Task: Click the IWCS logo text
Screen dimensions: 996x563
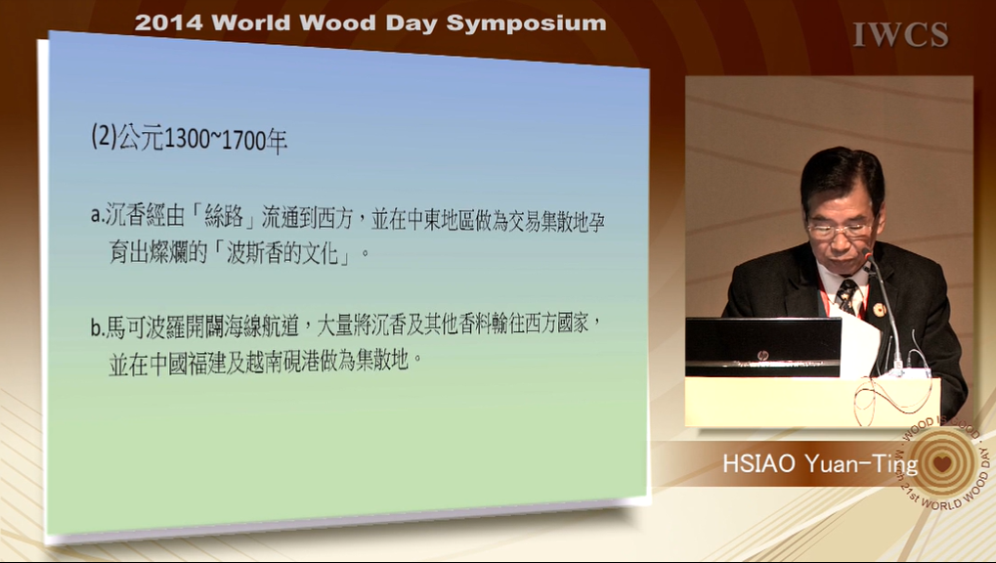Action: (900, 34)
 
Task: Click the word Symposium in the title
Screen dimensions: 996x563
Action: (526, 23)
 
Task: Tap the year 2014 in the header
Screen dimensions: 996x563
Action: (169, 22)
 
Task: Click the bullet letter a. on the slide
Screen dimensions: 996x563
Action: (97, 216)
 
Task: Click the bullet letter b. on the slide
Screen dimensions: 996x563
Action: (97, 327)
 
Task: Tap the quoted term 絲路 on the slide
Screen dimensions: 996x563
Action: (224, 217)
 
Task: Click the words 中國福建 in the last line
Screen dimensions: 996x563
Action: (188, 364)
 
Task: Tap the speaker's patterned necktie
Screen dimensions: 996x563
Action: (847, 295)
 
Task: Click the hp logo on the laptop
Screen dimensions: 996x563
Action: (762, 355)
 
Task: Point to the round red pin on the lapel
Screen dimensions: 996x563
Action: (880, 310)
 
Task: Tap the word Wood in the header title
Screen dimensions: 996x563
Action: (333, 23)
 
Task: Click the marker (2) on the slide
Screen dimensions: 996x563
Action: (104, 136)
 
